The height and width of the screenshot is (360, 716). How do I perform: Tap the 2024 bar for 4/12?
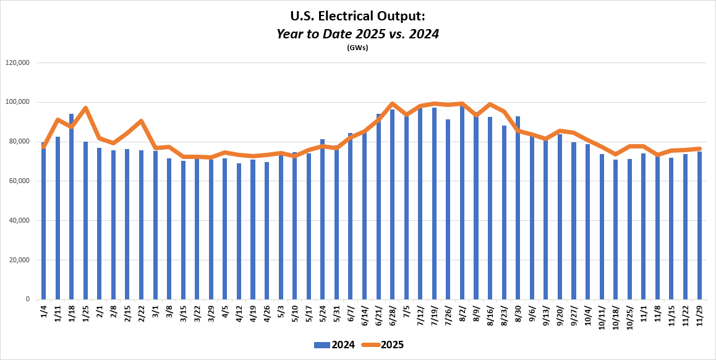point(239,231)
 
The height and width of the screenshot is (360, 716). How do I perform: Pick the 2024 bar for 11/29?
point(699,225)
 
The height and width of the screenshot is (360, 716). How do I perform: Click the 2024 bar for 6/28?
point(392,204)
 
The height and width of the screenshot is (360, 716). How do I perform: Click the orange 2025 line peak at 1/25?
point(85,108)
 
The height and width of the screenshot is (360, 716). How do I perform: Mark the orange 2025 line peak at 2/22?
point(141,121)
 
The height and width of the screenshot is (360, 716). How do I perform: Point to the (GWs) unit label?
point(357,48)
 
